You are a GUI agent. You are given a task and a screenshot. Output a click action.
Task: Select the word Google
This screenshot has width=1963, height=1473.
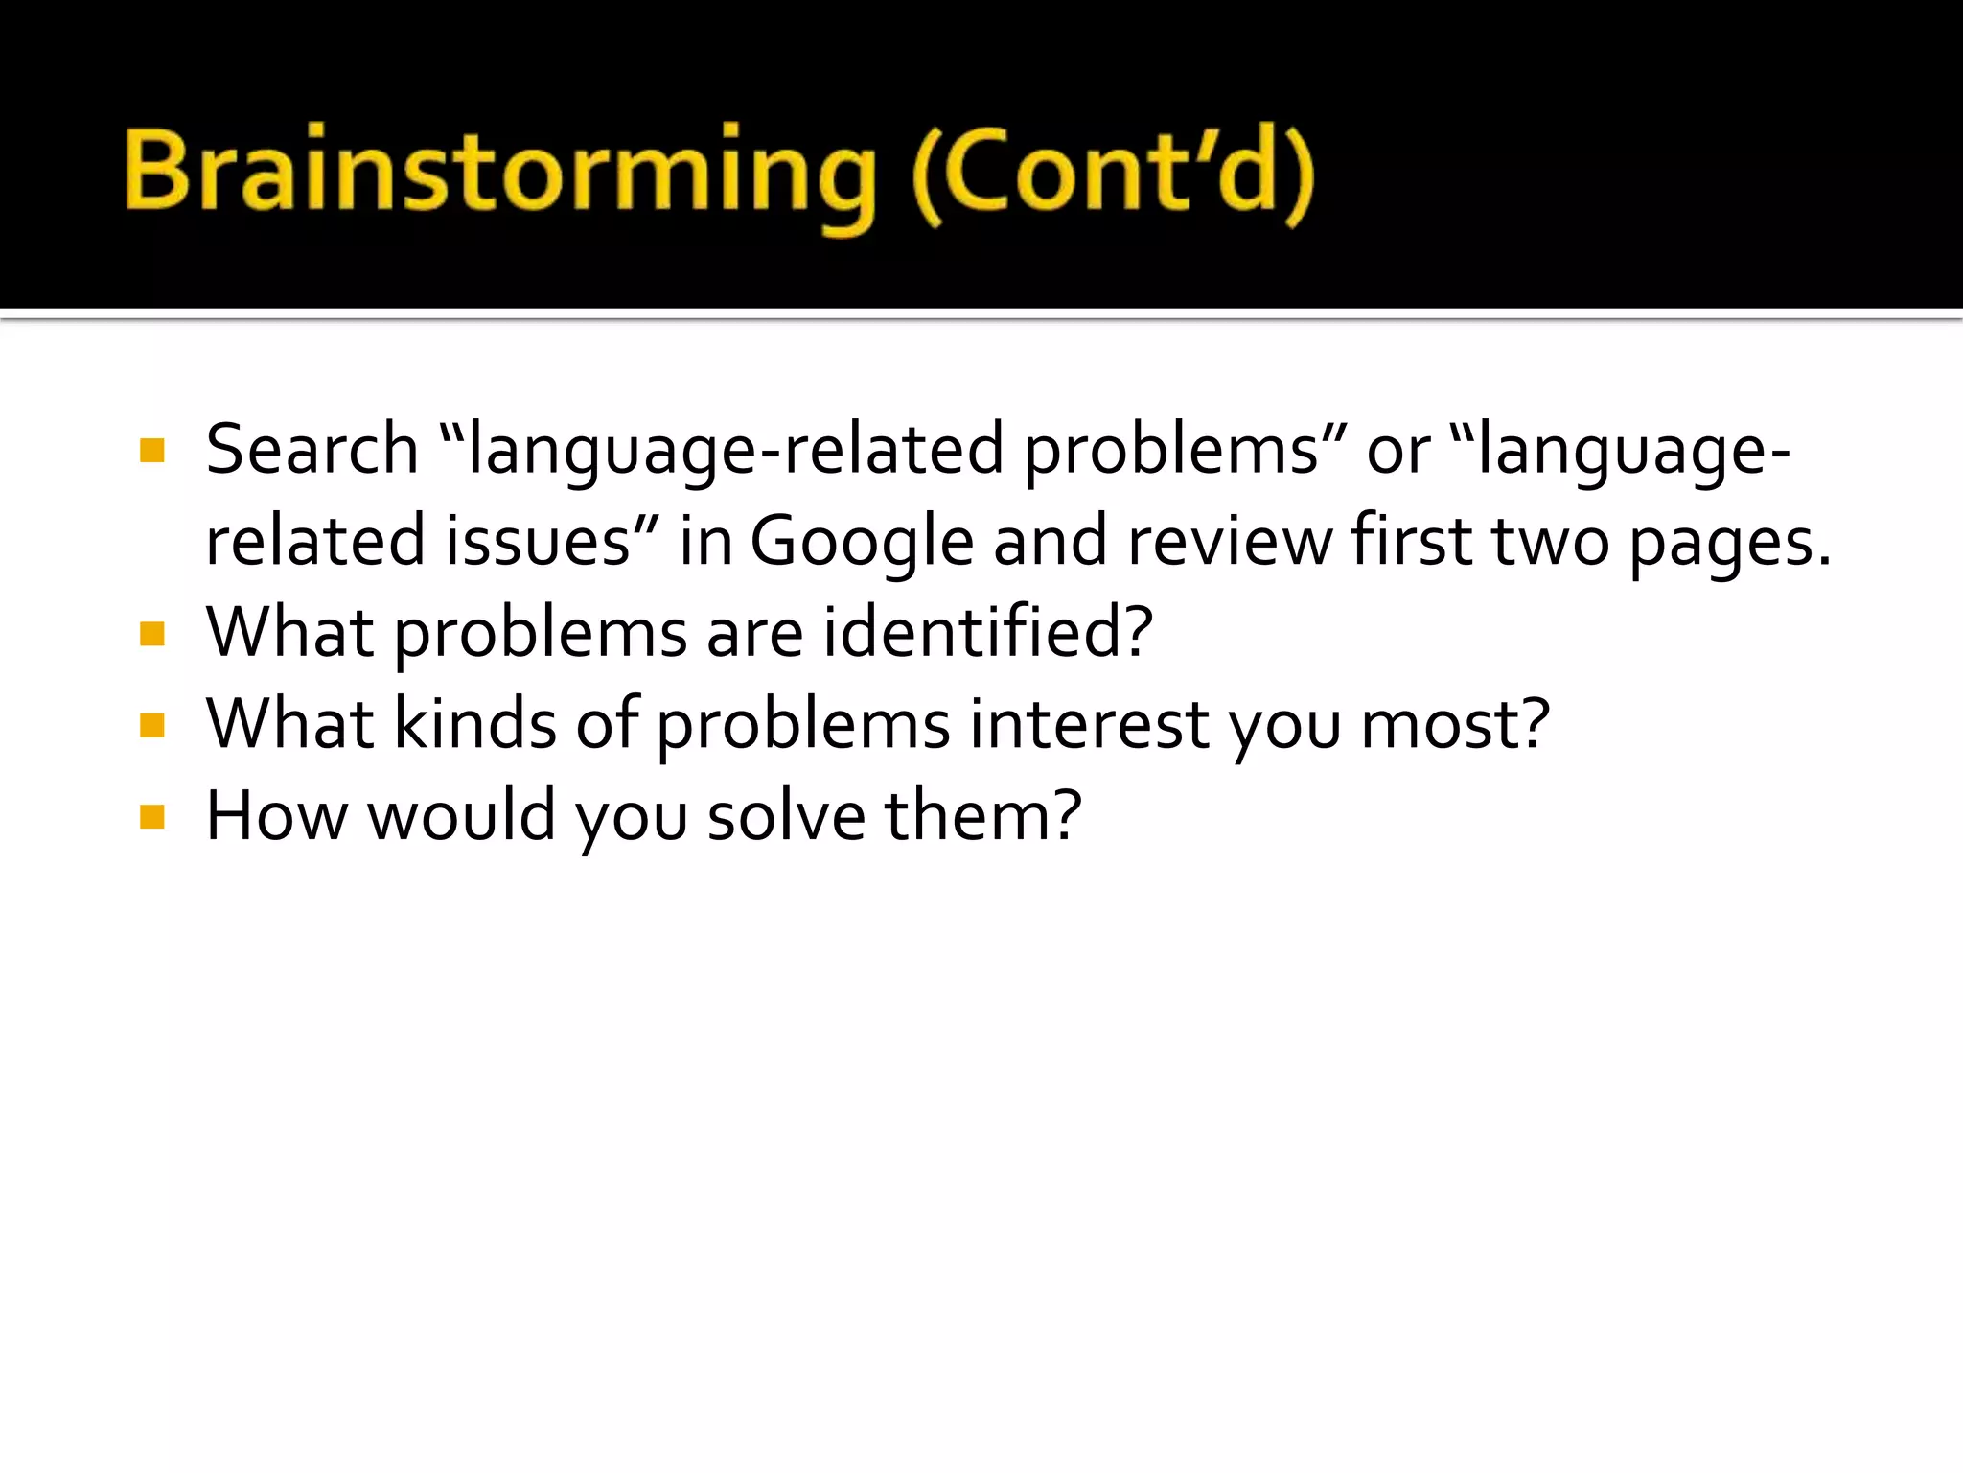(x=861, y=541)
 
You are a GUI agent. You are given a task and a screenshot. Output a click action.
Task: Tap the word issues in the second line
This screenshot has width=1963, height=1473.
(x=538, y=541)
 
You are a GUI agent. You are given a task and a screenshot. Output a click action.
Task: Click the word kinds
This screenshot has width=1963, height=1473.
(x=475, y=723)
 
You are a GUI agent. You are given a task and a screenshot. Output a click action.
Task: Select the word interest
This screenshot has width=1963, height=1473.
(x=1088, y=723)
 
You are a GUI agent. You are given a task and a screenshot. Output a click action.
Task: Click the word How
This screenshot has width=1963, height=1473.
(x=277, y=815)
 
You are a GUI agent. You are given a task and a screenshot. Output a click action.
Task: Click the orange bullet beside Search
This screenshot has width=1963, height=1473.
(x=152, y=451)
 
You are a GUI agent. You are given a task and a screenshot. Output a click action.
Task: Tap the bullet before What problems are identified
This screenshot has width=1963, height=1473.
(x=152, y=634)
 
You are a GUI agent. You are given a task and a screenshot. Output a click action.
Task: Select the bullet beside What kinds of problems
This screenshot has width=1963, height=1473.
(x=152, y=725)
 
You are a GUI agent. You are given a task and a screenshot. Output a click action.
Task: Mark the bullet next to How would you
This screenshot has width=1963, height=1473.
(x=152, y=817)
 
